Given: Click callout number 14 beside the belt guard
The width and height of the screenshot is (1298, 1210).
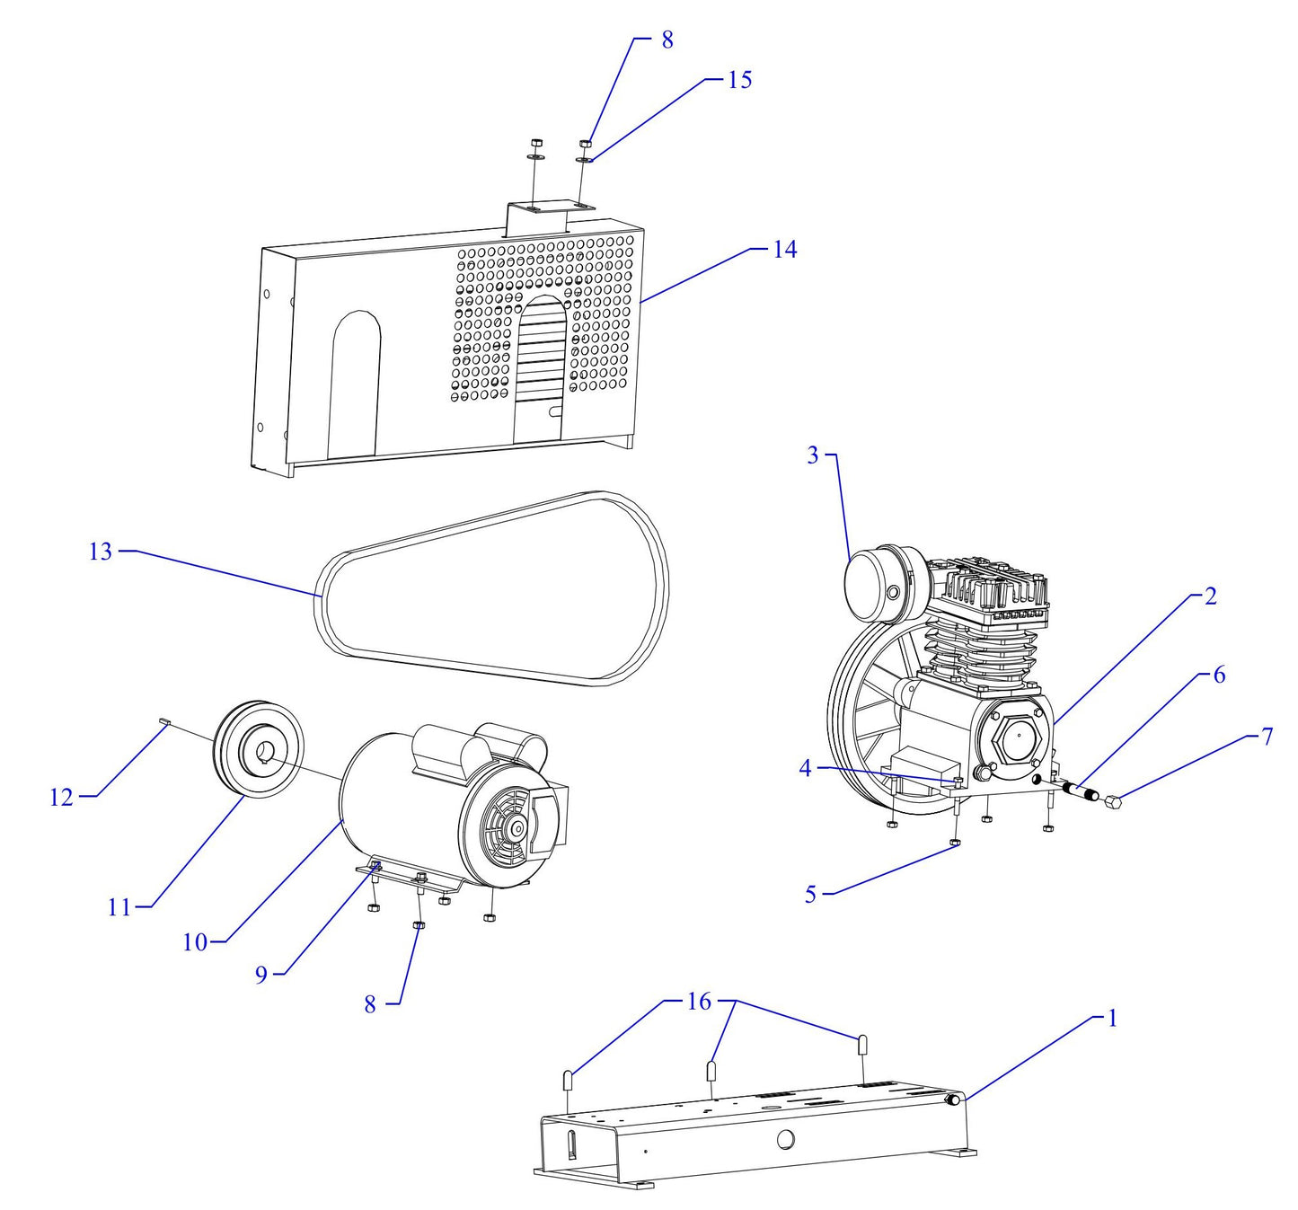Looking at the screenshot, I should (784, 249).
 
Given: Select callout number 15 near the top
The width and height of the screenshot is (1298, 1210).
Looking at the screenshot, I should (738, 79).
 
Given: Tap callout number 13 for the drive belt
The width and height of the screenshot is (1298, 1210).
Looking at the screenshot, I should (101, 551).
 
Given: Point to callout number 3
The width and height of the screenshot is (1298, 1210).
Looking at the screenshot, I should (813, 455).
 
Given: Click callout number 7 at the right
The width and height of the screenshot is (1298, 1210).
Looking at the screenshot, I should (1267, 737).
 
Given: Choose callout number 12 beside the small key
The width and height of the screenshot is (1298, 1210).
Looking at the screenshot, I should (61, 797).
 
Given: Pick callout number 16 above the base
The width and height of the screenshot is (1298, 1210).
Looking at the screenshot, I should (699, 1001).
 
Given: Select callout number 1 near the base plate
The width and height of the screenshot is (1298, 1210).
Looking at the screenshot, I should (1112, 1018).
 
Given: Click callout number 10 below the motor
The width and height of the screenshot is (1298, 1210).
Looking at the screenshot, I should (195, 942).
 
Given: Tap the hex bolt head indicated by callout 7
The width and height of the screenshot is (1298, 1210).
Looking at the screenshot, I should (1112, 800).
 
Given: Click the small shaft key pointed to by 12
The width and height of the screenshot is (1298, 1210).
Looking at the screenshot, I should (164, 720).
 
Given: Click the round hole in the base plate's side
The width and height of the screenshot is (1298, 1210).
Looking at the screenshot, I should (785, 1140).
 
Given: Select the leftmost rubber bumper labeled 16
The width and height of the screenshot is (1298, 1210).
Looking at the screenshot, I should (568, 1079).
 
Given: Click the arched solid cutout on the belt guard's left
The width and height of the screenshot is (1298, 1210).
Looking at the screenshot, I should (355, 382).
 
